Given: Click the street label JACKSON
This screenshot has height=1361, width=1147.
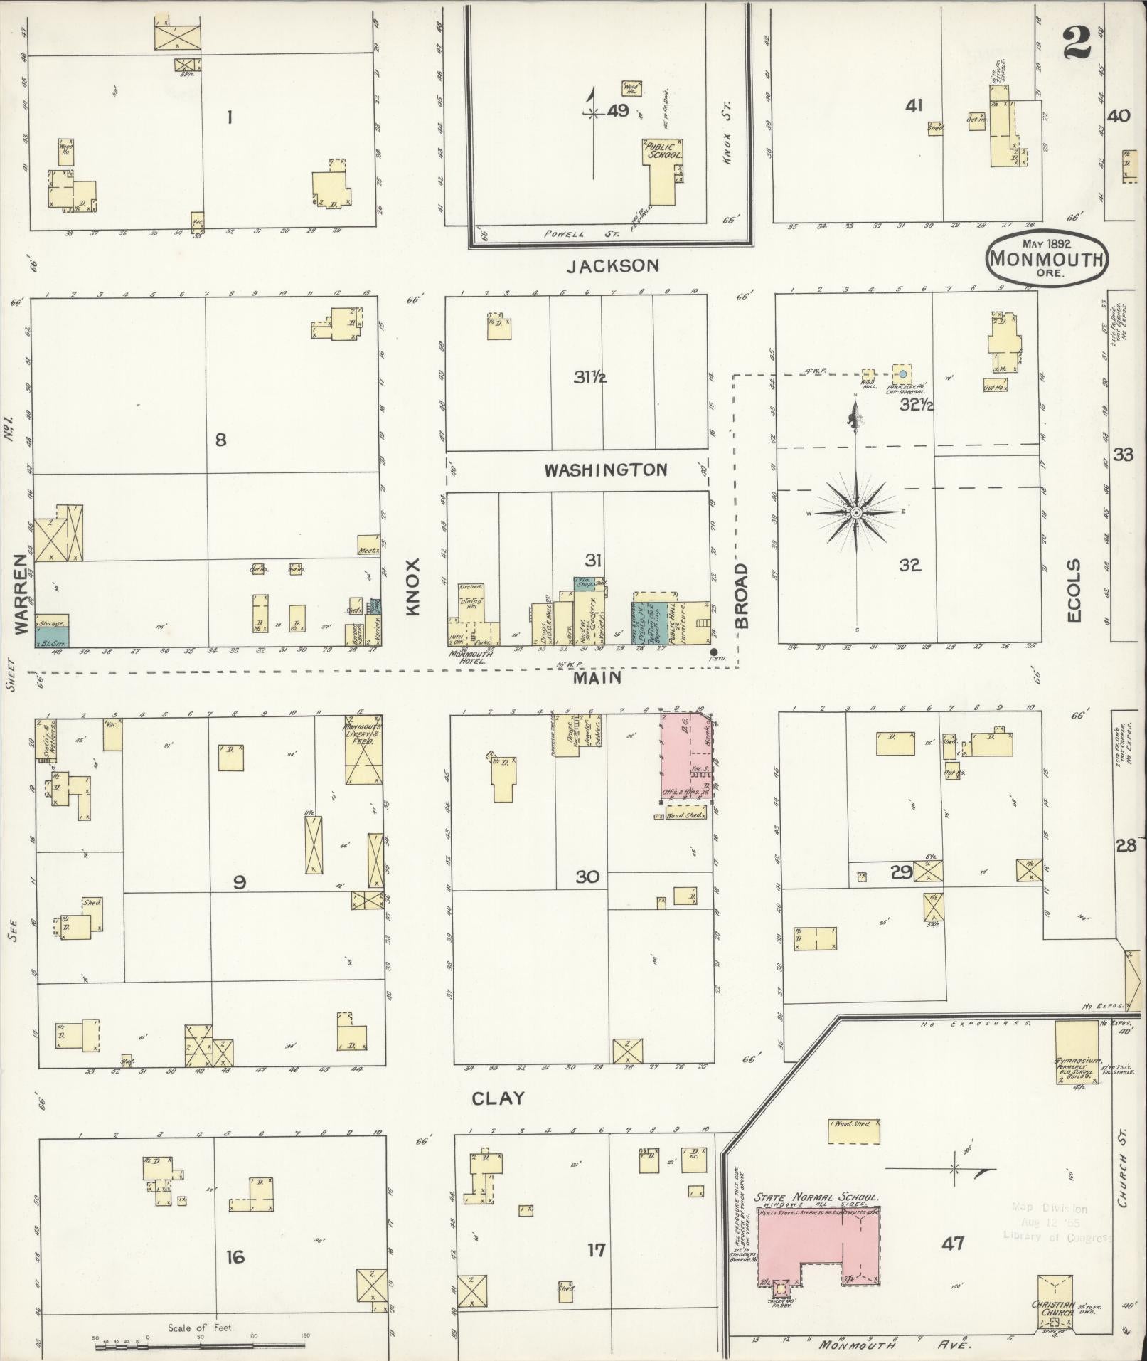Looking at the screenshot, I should coord(613,266).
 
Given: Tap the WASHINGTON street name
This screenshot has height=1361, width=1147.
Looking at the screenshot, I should coord(606,470).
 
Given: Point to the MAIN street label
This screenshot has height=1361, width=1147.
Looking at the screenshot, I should coord(598,678).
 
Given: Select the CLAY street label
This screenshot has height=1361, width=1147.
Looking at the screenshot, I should coord(498,1098).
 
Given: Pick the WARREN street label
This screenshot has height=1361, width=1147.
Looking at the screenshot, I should coord(23,595).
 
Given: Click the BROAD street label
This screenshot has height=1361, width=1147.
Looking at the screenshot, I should coord(742,595).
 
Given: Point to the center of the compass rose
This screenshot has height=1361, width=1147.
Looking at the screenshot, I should coord(857,512).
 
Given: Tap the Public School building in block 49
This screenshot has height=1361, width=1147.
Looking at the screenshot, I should coord(662,171).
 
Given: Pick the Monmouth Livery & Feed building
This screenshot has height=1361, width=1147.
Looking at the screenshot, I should coord(363,750).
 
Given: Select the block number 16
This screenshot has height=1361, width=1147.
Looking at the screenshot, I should coord(235,1257).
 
